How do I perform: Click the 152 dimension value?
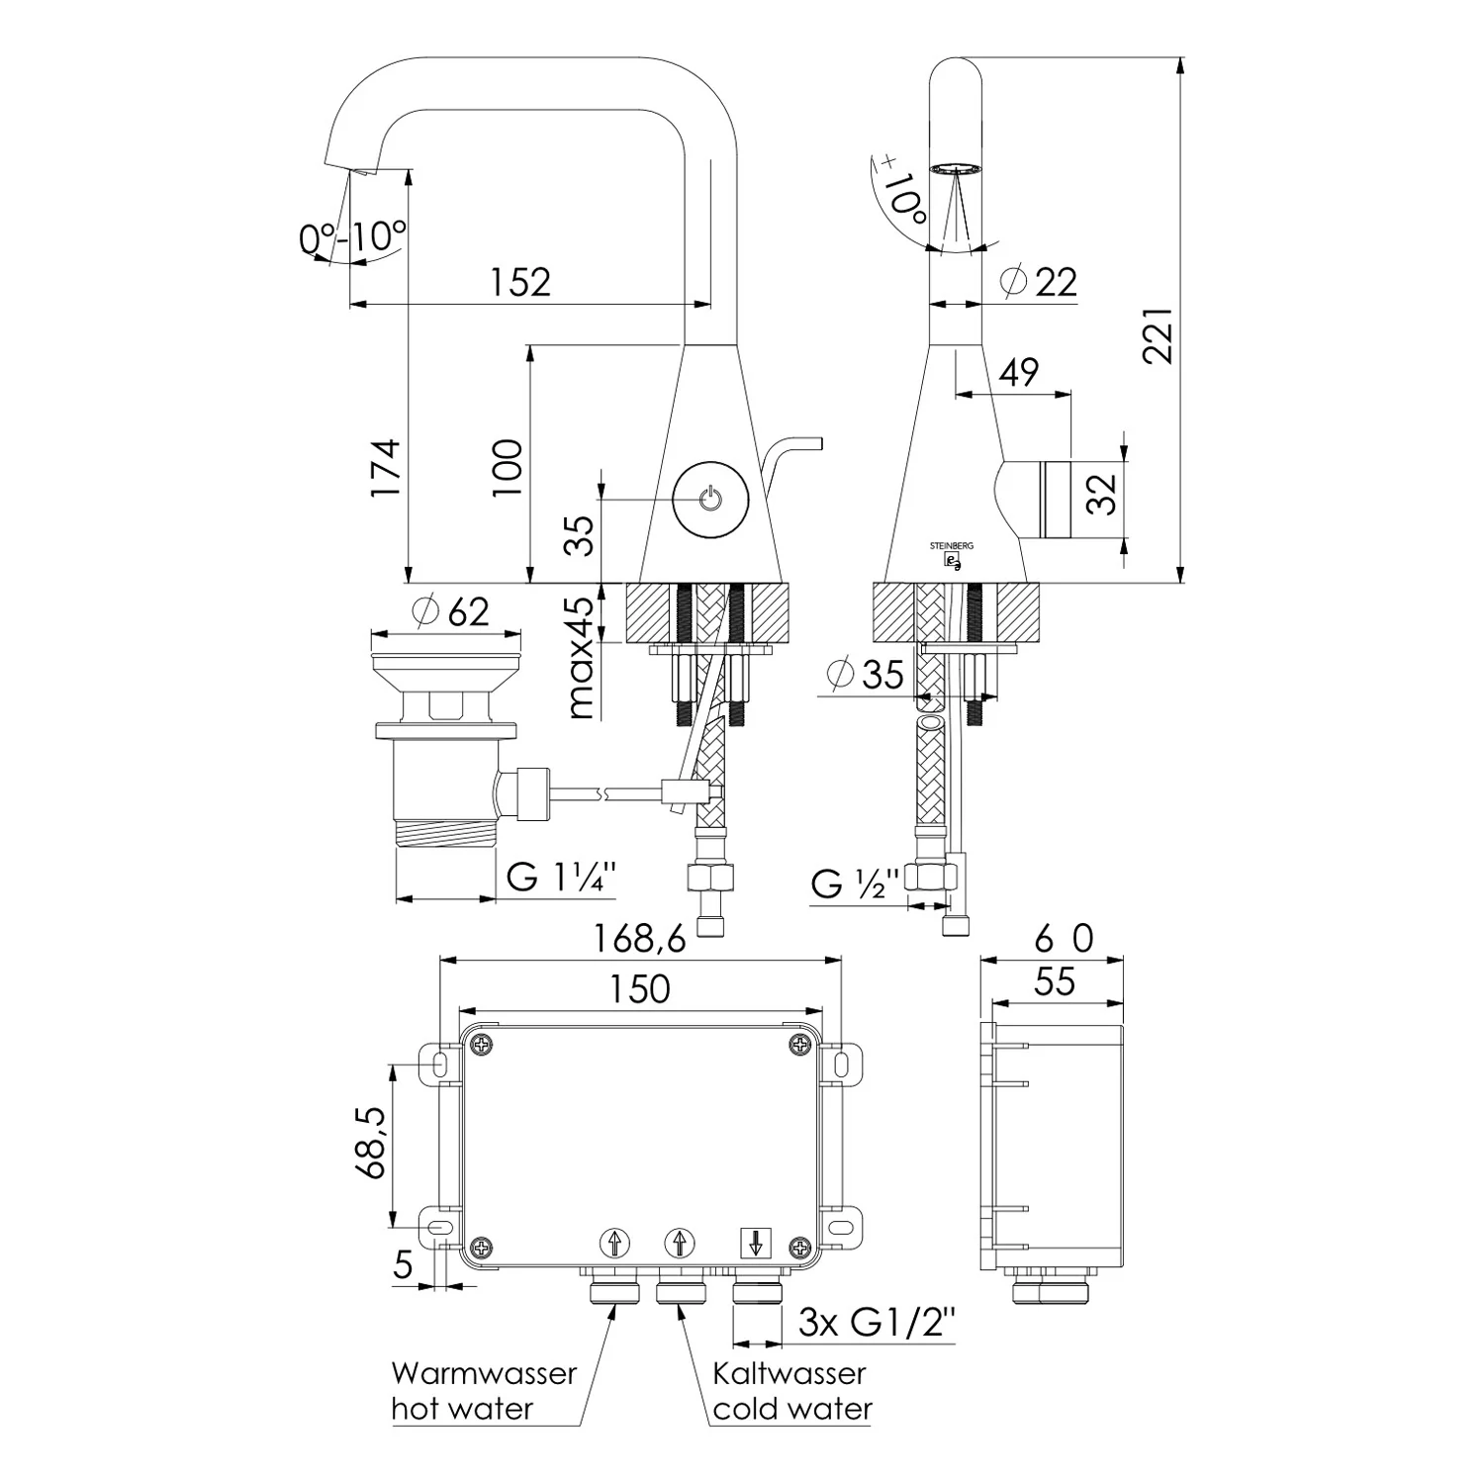point(520,282)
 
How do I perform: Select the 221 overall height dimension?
point(1159,335)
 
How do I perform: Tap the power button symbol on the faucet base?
point(710,499)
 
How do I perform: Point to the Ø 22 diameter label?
point(1038,282)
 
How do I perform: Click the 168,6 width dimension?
point(639,938)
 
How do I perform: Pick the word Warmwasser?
point(484,1373)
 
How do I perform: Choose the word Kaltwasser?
point(789,1373)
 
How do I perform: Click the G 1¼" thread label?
point(561,876)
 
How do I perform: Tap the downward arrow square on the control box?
point(756,1243)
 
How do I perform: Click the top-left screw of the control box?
point(483,1045)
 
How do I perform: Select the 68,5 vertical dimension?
point(371,1143)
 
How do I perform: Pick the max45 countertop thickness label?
point(583,657)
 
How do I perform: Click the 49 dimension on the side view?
point(1019,372)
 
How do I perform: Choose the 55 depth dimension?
point(1055,981)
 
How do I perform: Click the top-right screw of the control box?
point(798,1045)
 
